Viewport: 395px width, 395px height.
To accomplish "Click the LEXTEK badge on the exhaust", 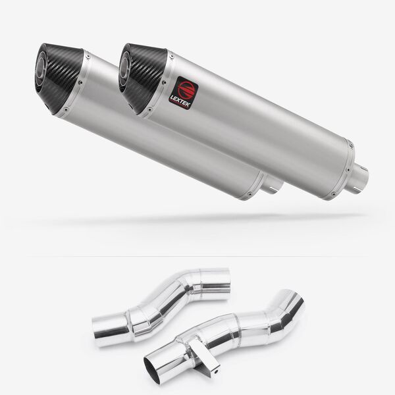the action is (x=184, y=92).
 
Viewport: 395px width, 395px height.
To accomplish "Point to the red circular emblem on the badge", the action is (x=185, y=88).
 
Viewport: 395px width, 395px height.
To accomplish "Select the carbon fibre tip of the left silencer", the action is (x=59, y=78).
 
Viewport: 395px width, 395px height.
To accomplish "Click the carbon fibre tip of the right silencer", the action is (x=143, y=78).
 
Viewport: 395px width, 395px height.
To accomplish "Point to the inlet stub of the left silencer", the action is (x=274, y=186).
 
